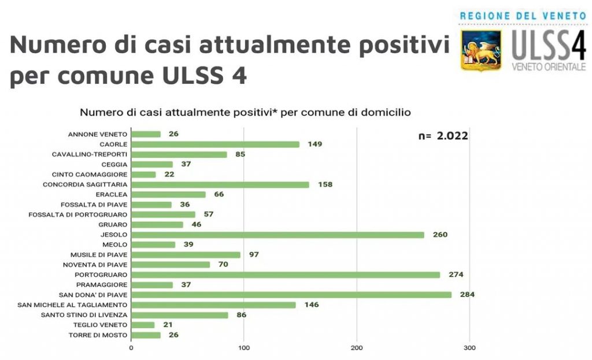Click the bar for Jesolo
click(277, 235)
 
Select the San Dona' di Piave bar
click(291, 295)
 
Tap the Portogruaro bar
click(286, 274)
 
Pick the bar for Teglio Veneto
click(143, 325)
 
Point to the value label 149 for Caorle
click(314, 144)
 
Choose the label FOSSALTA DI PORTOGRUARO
click(77, 214)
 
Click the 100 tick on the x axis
click(244, 348)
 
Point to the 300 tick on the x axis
click(469, 348)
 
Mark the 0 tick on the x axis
click(131, 348)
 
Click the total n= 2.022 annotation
click(443, 136)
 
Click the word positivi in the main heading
click(404, 45)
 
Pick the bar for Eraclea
click(168, 194)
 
